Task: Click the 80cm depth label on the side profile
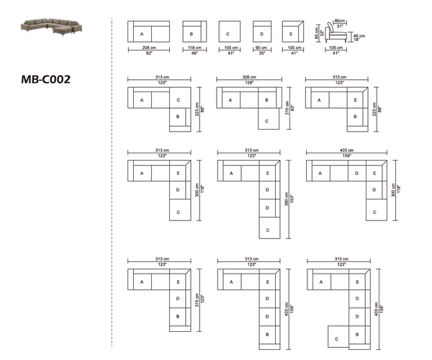tap(339, 22)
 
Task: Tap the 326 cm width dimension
tap(251, 77)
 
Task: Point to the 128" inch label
tap(251, 83)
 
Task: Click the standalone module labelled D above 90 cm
tap(262, 34)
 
